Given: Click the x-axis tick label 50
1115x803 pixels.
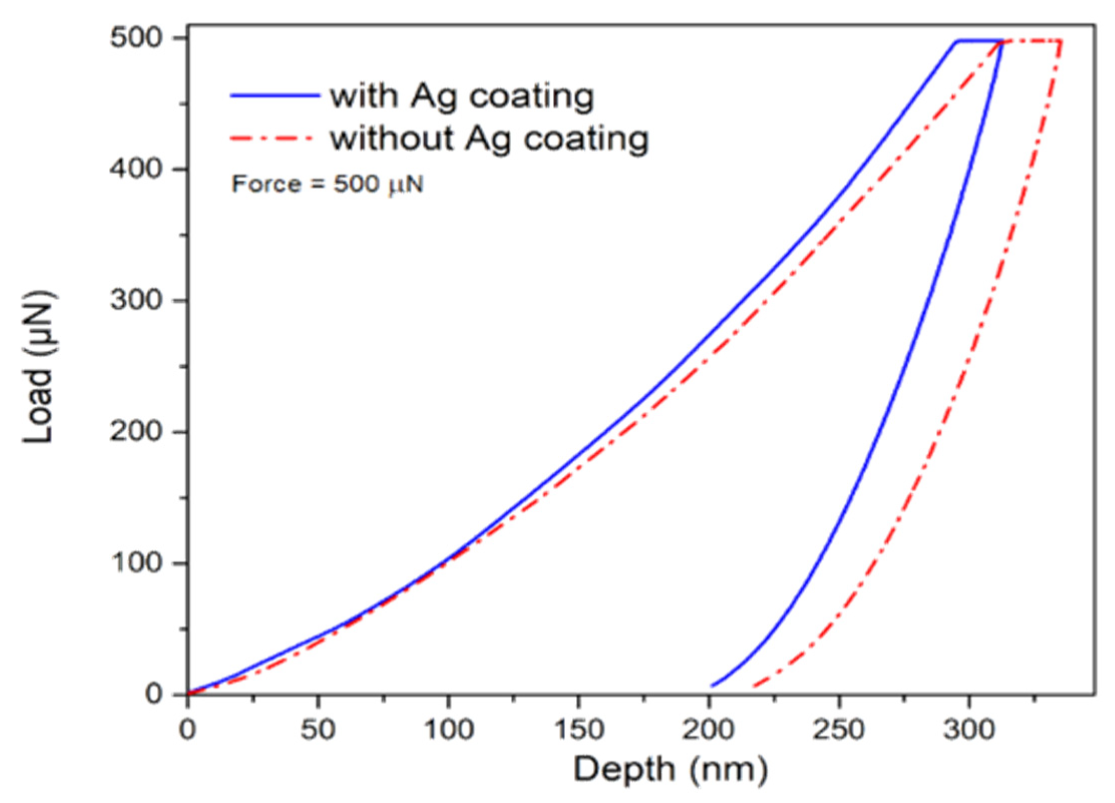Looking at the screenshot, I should [x=317, y=730].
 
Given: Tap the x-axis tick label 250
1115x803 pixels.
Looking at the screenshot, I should [x=838, y=730].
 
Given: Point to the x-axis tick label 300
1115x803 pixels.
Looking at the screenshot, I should [x=969, y=730].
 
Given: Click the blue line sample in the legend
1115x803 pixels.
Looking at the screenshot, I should [x=275, y=95].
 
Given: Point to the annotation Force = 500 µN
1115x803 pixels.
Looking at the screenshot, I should [x=327, y=184].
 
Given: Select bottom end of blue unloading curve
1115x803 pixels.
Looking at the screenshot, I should [x=712, y=685].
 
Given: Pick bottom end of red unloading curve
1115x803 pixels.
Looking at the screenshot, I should [x=753, y=686].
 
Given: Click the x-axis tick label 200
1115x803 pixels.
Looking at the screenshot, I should [x=708, y=730].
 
